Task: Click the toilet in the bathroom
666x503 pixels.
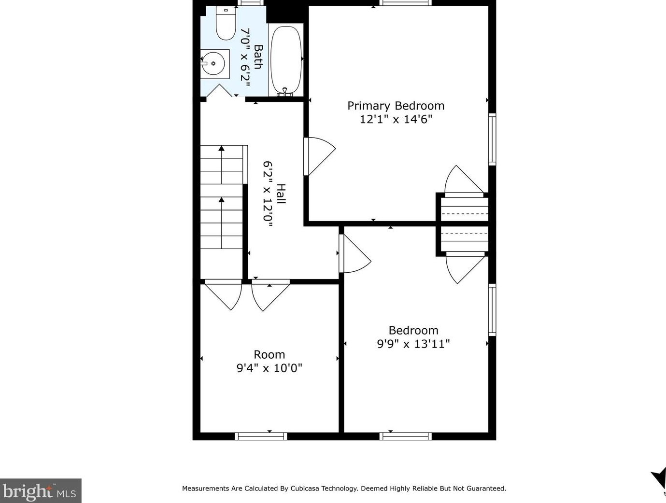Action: (x=226, y=23)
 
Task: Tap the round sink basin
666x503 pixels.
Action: (x=213, y=63)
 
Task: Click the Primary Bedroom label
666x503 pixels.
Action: (x=396, y=106)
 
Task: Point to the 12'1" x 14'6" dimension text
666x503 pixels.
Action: (x=396, y=119)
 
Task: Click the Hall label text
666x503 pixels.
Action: (x=282, y=194)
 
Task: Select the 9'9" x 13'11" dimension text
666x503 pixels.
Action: (x=413, y=344)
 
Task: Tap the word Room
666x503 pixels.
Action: (x=269, y=354)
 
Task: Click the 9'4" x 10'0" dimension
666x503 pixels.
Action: (x=269, y=368)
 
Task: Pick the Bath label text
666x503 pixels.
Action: (x=258, y=57)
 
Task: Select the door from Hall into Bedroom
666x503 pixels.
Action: (x=354, y=253)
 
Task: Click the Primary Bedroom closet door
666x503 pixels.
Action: (x=464, y=181)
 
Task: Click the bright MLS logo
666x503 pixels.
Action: (x=41, y=490)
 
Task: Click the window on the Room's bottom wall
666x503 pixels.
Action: (x=261, y=436)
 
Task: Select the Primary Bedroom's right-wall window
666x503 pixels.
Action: (x=492, y=140)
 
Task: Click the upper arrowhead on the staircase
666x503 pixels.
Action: (x=222, y=148)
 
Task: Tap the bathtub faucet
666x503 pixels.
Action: (x=284, y=92)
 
